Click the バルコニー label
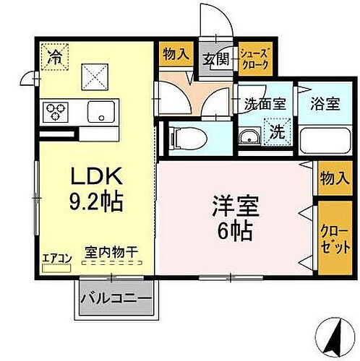[116, 298]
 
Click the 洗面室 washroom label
[265, 103]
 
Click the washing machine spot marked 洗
[277, 131]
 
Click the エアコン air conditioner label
[55, 256]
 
